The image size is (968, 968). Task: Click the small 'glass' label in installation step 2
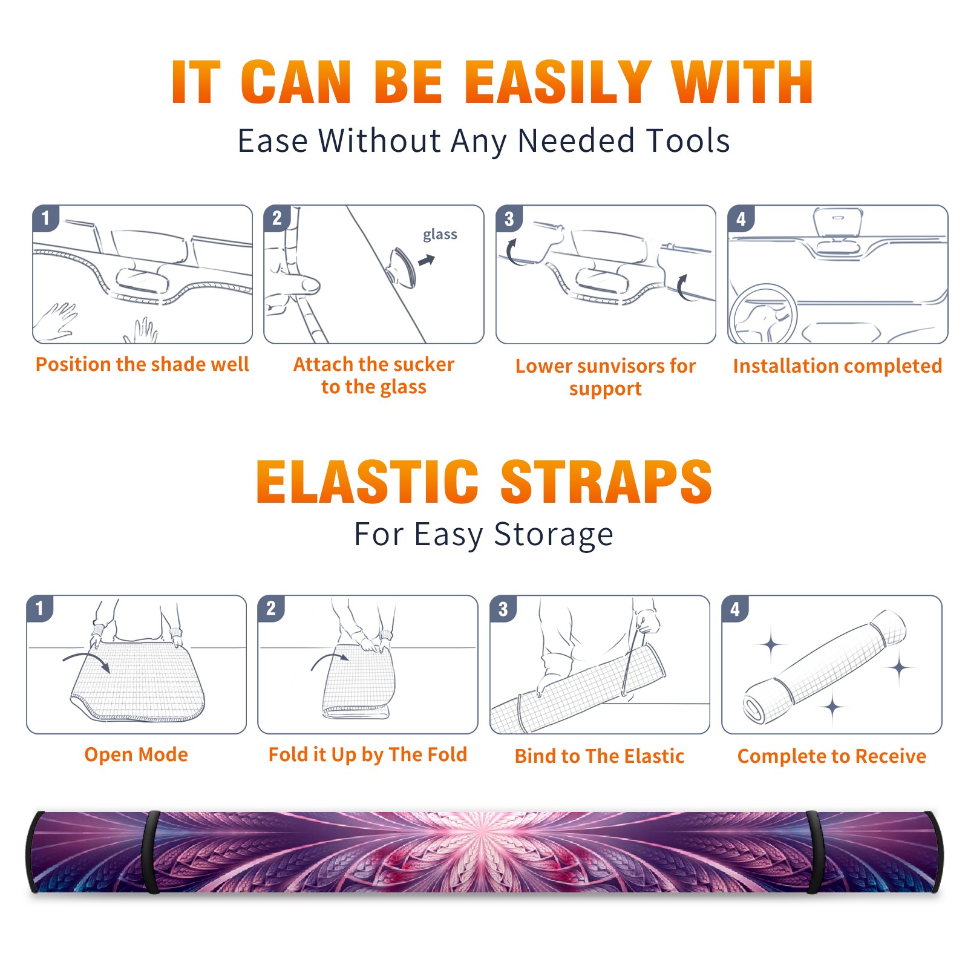(x=440, y=235)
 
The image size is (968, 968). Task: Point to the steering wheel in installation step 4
(x=763, y=315)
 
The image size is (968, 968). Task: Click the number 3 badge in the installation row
(x=509, y=218)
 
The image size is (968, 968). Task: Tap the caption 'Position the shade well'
(x=142, y=364)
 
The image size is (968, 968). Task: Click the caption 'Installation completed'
(x=837, y=366)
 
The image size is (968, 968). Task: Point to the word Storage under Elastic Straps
(x=554, y=535)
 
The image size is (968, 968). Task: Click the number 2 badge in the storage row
(x=271, y=608)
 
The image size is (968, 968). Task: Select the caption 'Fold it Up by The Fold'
(x=368, y=755)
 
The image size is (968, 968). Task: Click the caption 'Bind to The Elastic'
(x=600, y=756)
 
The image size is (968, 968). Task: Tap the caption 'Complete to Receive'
(x=832, y=756)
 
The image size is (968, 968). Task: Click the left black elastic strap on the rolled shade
(x=151, y=852)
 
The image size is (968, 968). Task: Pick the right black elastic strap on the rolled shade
(x=813, y=852)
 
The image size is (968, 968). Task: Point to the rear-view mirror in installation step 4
(x=837, y=223)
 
